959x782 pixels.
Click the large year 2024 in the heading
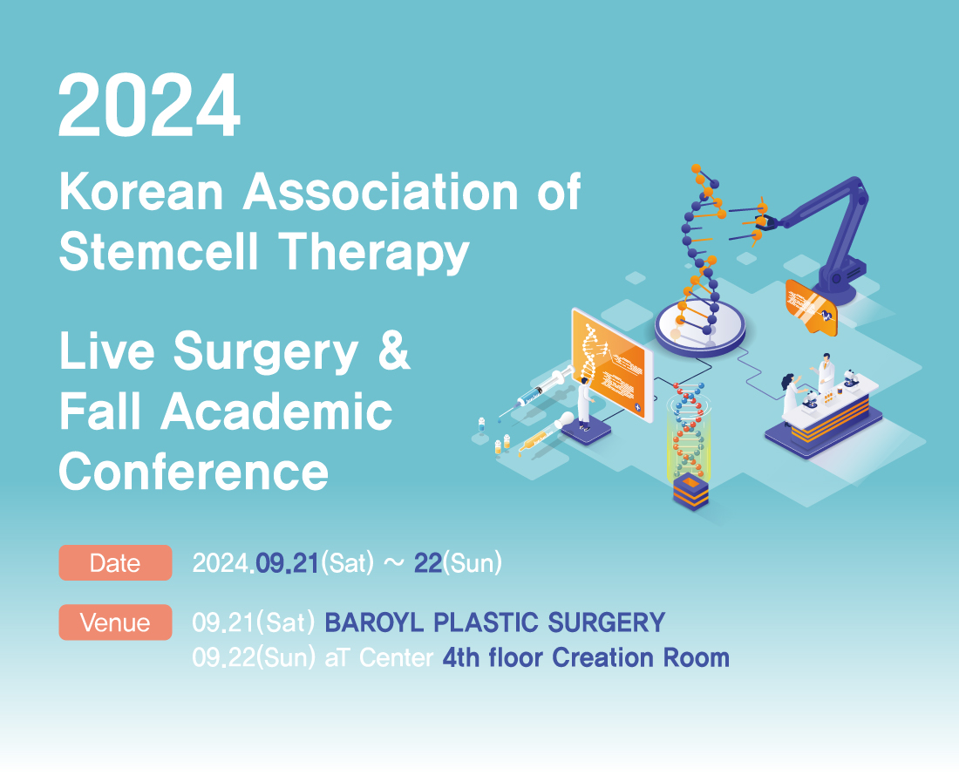point(149,105)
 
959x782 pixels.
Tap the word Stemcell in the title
point(159,251)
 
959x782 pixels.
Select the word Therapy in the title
point(374,253)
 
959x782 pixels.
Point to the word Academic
point(276,411)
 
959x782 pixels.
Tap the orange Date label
point(115,562)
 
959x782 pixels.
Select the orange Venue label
point(115,622)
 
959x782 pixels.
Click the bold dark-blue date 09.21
point(287,563)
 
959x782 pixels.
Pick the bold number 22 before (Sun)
point(427,563)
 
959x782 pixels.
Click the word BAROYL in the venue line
point(374,622)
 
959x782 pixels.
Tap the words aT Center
point(379,658)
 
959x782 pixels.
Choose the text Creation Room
point(641,658)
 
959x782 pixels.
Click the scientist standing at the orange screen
point(585,403)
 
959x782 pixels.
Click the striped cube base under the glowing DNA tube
point(690,490)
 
